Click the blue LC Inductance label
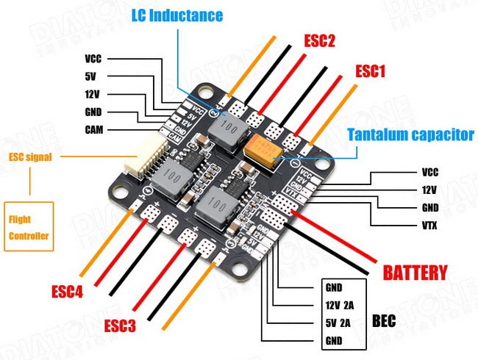pos(176,15)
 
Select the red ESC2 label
pos(320,41)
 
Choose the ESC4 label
pos(67,292)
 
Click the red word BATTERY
pos(415,273)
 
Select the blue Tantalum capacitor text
pos(410,135)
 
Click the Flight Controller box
pos(29,228)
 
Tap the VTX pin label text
pos(430,226)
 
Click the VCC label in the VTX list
pos(430,173)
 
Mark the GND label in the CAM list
pos(93,112)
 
